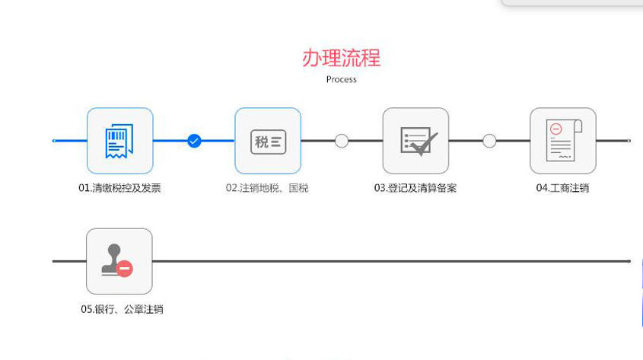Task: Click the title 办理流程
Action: coord(341,57)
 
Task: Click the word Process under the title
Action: coord(341,79)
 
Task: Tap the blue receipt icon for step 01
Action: coord(119,141)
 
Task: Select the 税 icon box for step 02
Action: coord(268,141)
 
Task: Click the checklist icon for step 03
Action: coord(415,141)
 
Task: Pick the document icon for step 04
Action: coord(563,141)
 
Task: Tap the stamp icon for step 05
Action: coord(119,261)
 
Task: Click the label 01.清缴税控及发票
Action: coord(119,188)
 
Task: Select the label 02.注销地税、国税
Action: coord(267,188)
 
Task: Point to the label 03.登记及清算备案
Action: coord(415,188)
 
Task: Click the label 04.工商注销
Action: coord(562,188)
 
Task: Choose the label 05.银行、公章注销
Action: coord(122,309)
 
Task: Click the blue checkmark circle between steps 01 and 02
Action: coord(194,141)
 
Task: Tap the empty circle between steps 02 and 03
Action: coord(342,141)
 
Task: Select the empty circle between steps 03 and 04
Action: coord(489,141)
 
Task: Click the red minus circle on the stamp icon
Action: coord(125,269)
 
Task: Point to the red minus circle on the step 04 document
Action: coord(556,129)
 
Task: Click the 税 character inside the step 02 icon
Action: coord(262,142)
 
